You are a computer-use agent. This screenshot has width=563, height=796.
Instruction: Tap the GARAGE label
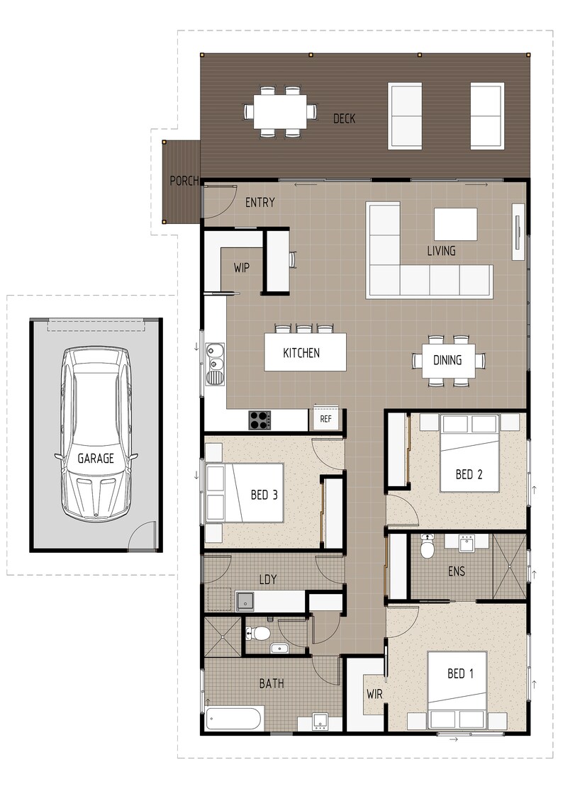point(95,459)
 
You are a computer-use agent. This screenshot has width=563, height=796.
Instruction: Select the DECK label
point(344,118)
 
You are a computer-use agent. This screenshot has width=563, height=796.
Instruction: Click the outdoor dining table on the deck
point(280,111)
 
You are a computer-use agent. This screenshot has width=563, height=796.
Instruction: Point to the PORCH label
point(184,181)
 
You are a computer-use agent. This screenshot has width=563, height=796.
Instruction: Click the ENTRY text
point(260,203)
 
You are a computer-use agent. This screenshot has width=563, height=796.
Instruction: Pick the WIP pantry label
point(243,269)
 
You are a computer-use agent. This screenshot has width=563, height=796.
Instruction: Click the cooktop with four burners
point(259,420)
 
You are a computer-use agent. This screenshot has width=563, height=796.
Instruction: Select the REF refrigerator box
point(326,419)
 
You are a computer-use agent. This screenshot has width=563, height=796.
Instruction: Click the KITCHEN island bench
point(305,352)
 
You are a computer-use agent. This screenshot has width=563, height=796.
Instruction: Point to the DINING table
point(448,360)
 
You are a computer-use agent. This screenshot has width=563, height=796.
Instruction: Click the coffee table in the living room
point(455,224)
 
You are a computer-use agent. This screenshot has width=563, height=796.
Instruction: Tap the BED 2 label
point(469,474)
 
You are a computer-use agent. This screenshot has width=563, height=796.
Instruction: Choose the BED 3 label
point(264,495)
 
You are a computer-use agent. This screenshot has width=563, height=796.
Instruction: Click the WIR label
point(374,695)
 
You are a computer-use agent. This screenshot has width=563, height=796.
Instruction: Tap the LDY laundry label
point(267,580)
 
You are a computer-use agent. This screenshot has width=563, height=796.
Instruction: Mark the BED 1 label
point(460,673)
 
